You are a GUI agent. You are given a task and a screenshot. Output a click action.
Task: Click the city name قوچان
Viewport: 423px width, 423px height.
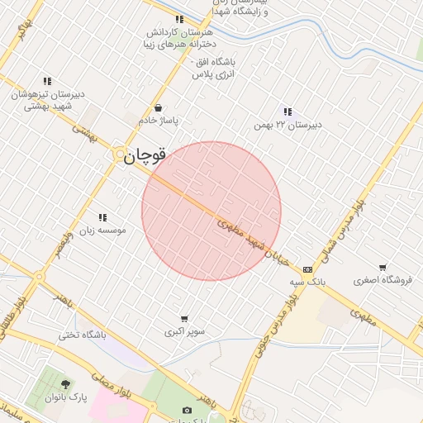146,154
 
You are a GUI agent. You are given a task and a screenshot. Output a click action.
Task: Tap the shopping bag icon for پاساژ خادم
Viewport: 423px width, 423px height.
158,107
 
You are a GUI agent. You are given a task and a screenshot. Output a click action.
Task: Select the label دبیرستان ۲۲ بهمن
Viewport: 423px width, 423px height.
287,125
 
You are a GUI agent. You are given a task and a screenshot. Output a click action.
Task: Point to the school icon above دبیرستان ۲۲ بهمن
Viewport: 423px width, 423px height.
287,112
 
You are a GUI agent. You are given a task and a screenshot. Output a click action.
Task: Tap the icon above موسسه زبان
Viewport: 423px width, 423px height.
102,217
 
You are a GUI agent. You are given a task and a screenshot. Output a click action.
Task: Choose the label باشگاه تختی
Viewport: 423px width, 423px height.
83,335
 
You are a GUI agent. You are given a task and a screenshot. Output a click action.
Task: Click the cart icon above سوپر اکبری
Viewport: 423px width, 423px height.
184,319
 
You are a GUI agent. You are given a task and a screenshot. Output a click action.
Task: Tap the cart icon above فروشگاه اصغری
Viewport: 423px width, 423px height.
382,267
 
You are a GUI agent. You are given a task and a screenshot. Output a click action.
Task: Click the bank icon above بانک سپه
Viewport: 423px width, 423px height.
307,269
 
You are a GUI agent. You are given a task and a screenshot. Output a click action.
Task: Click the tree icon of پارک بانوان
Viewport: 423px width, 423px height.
65,383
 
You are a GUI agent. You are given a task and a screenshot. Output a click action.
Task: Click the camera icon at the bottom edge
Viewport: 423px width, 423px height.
187,410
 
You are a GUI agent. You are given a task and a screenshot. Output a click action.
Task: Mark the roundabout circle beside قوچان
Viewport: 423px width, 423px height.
121,154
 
